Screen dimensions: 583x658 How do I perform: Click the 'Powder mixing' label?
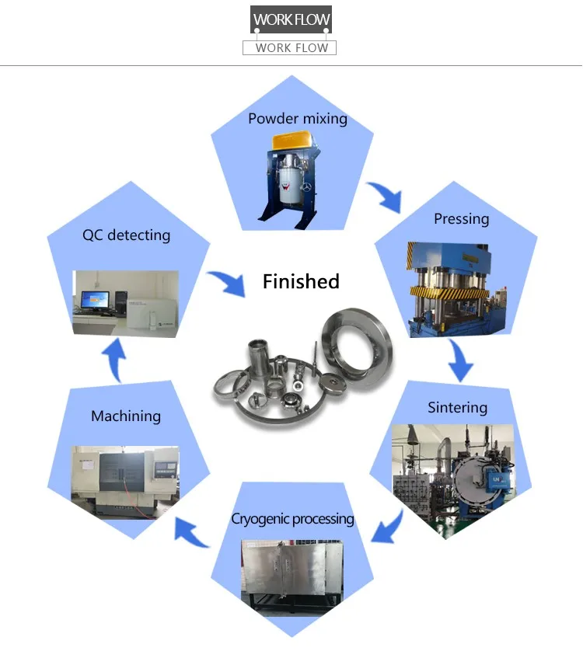click(x=297, y=119)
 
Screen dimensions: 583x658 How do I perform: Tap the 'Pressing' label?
click(x=461, y=219)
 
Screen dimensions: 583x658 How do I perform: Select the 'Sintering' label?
click(x=457, y=408)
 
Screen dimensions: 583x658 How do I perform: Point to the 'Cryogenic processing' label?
click(x=292, y=518)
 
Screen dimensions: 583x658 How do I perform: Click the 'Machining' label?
click(x=126, y=416)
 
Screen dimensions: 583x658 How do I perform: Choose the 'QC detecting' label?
click(x=126, y=235)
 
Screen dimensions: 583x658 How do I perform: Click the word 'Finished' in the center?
click(x=301, y=281)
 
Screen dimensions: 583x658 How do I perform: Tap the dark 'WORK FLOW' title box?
click(x=291, y=19)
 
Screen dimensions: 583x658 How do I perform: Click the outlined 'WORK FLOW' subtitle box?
click(x=290, y=47)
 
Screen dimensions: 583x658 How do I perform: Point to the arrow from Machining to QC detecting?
click(x=114, y=361)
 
